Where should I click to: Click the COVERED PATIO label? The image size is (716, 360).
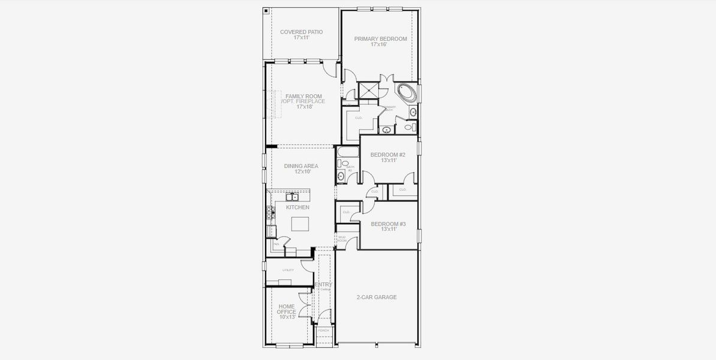coord(301,32)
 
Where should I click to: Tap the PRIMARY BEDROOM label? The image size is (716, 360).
coord(380,39)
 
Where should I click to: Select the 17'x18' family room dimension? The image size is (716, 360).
coord(304,107)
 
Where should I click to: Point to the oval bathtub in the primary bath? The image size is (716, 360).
coord(407,93)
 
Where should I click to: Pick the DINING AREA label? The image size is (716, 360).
coord(302,166)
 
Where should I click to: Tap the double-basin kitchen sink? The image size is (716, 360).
coord(291,197)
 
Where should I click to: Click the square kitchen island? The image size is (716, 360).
coord(300,224)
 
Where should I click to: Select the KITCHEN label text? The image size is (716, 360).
coord(297,208)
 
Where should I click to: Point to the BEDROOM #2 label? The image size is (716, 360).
coord(387,155)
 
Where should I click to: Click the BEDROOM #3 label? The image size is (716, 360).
coord(388,224)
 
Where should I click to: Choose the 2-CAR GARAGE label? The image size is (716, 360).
coord(376,297)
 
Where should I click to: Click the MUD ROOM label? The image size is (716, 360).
coord(342,239)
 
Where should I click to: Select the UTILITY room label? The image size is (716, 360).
coord(288,270)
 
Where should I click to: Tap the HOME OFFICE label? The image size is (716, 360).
coord(286,309)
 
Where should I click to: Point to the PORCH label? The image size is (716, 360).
coord(323,331)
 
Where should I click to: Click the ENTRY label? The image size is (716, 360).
coord(323,284)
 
